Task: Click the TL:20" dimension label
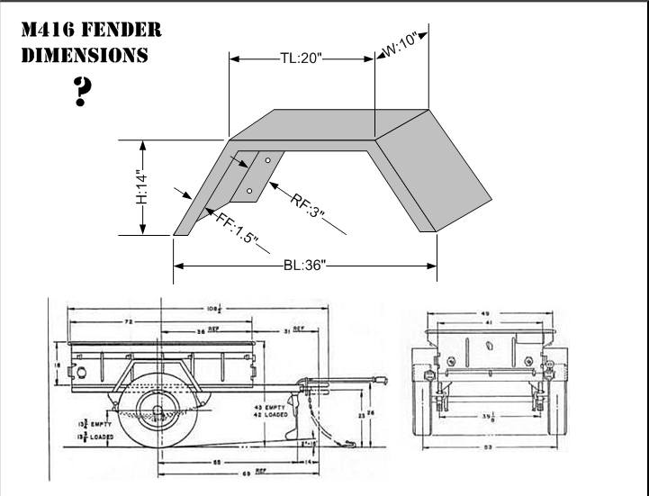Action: point(301,59)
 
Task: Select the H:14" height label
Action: point(141,186)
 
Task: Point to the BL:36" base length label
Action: point(303,266)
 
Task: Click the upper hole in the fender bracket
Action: point(267,159)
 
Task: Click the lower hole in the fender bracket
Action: point(249,191)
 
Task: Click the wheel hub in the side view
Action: point(159,415)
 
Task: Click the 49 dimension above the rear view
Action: point(487,312)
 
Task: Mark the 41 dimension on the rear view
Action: point(487,321)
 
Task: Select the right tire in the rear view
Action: point(551,401)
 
